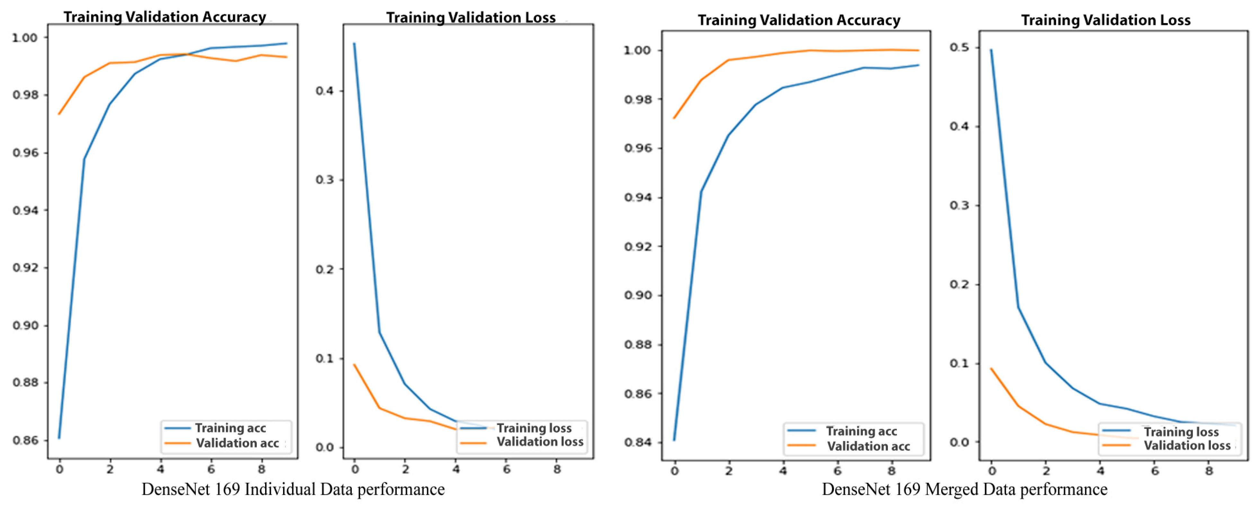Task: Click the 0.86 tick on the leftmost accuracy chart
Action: tap(25, 440)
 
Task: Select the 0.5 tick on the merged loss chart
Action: tap(959, 48)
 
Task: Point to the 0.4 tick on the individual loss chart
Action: tap(325, 91)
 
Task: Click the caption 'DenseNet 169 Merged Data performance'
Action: tap(964, 489)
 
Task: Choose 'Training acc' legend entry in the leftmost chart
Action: tap(230, 428)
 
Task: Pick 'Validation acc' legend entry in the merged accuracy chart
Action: tap(868, 446)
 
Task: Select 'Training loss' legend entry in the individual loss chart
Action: tap(534, 428)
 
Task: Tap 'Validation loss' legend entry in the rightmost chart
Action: tap(1187, 445)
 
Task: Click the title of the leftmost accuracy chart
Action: tap(165, 17)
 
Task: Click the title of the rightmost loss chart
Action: tap(1105, 20)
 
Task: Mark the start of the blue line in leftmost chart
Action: tap(59, 438)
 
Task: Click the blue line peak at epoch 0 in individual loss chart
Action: tap(354, 43)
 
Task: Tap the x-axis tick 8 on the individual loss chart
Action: tap(557, 469)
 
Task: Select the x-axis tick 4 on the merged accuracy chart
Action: tap(783, 471)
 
